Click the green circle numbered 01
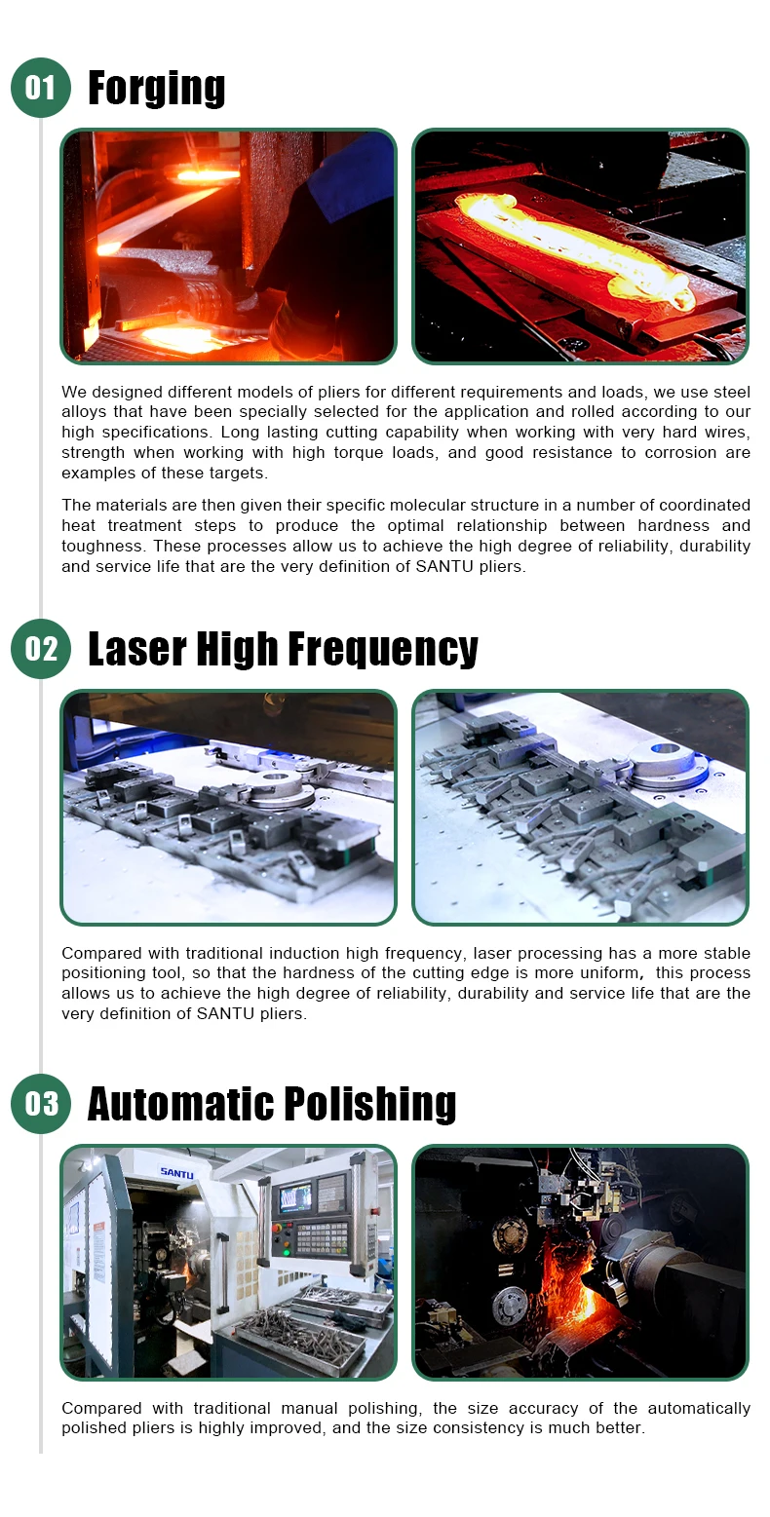tap(41, 88)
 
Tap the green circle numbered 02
tap(41, 649)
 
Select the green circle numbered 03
tap(41, 1104)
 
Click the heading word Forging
tap(157, 89)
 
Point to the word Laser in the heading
tap(136, 649)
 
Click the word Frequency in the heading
tap(383, 650)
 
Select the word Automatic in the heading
tap(180, 1104)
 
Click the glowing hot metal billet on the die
tap(576, 247)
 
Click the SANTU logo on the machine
tap(176, 1172)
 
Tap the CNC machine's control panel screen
tap(296, 1197)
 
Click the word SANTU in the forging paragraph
tap(444, 566)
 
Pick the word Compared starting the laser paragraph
tap(102, 954)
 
